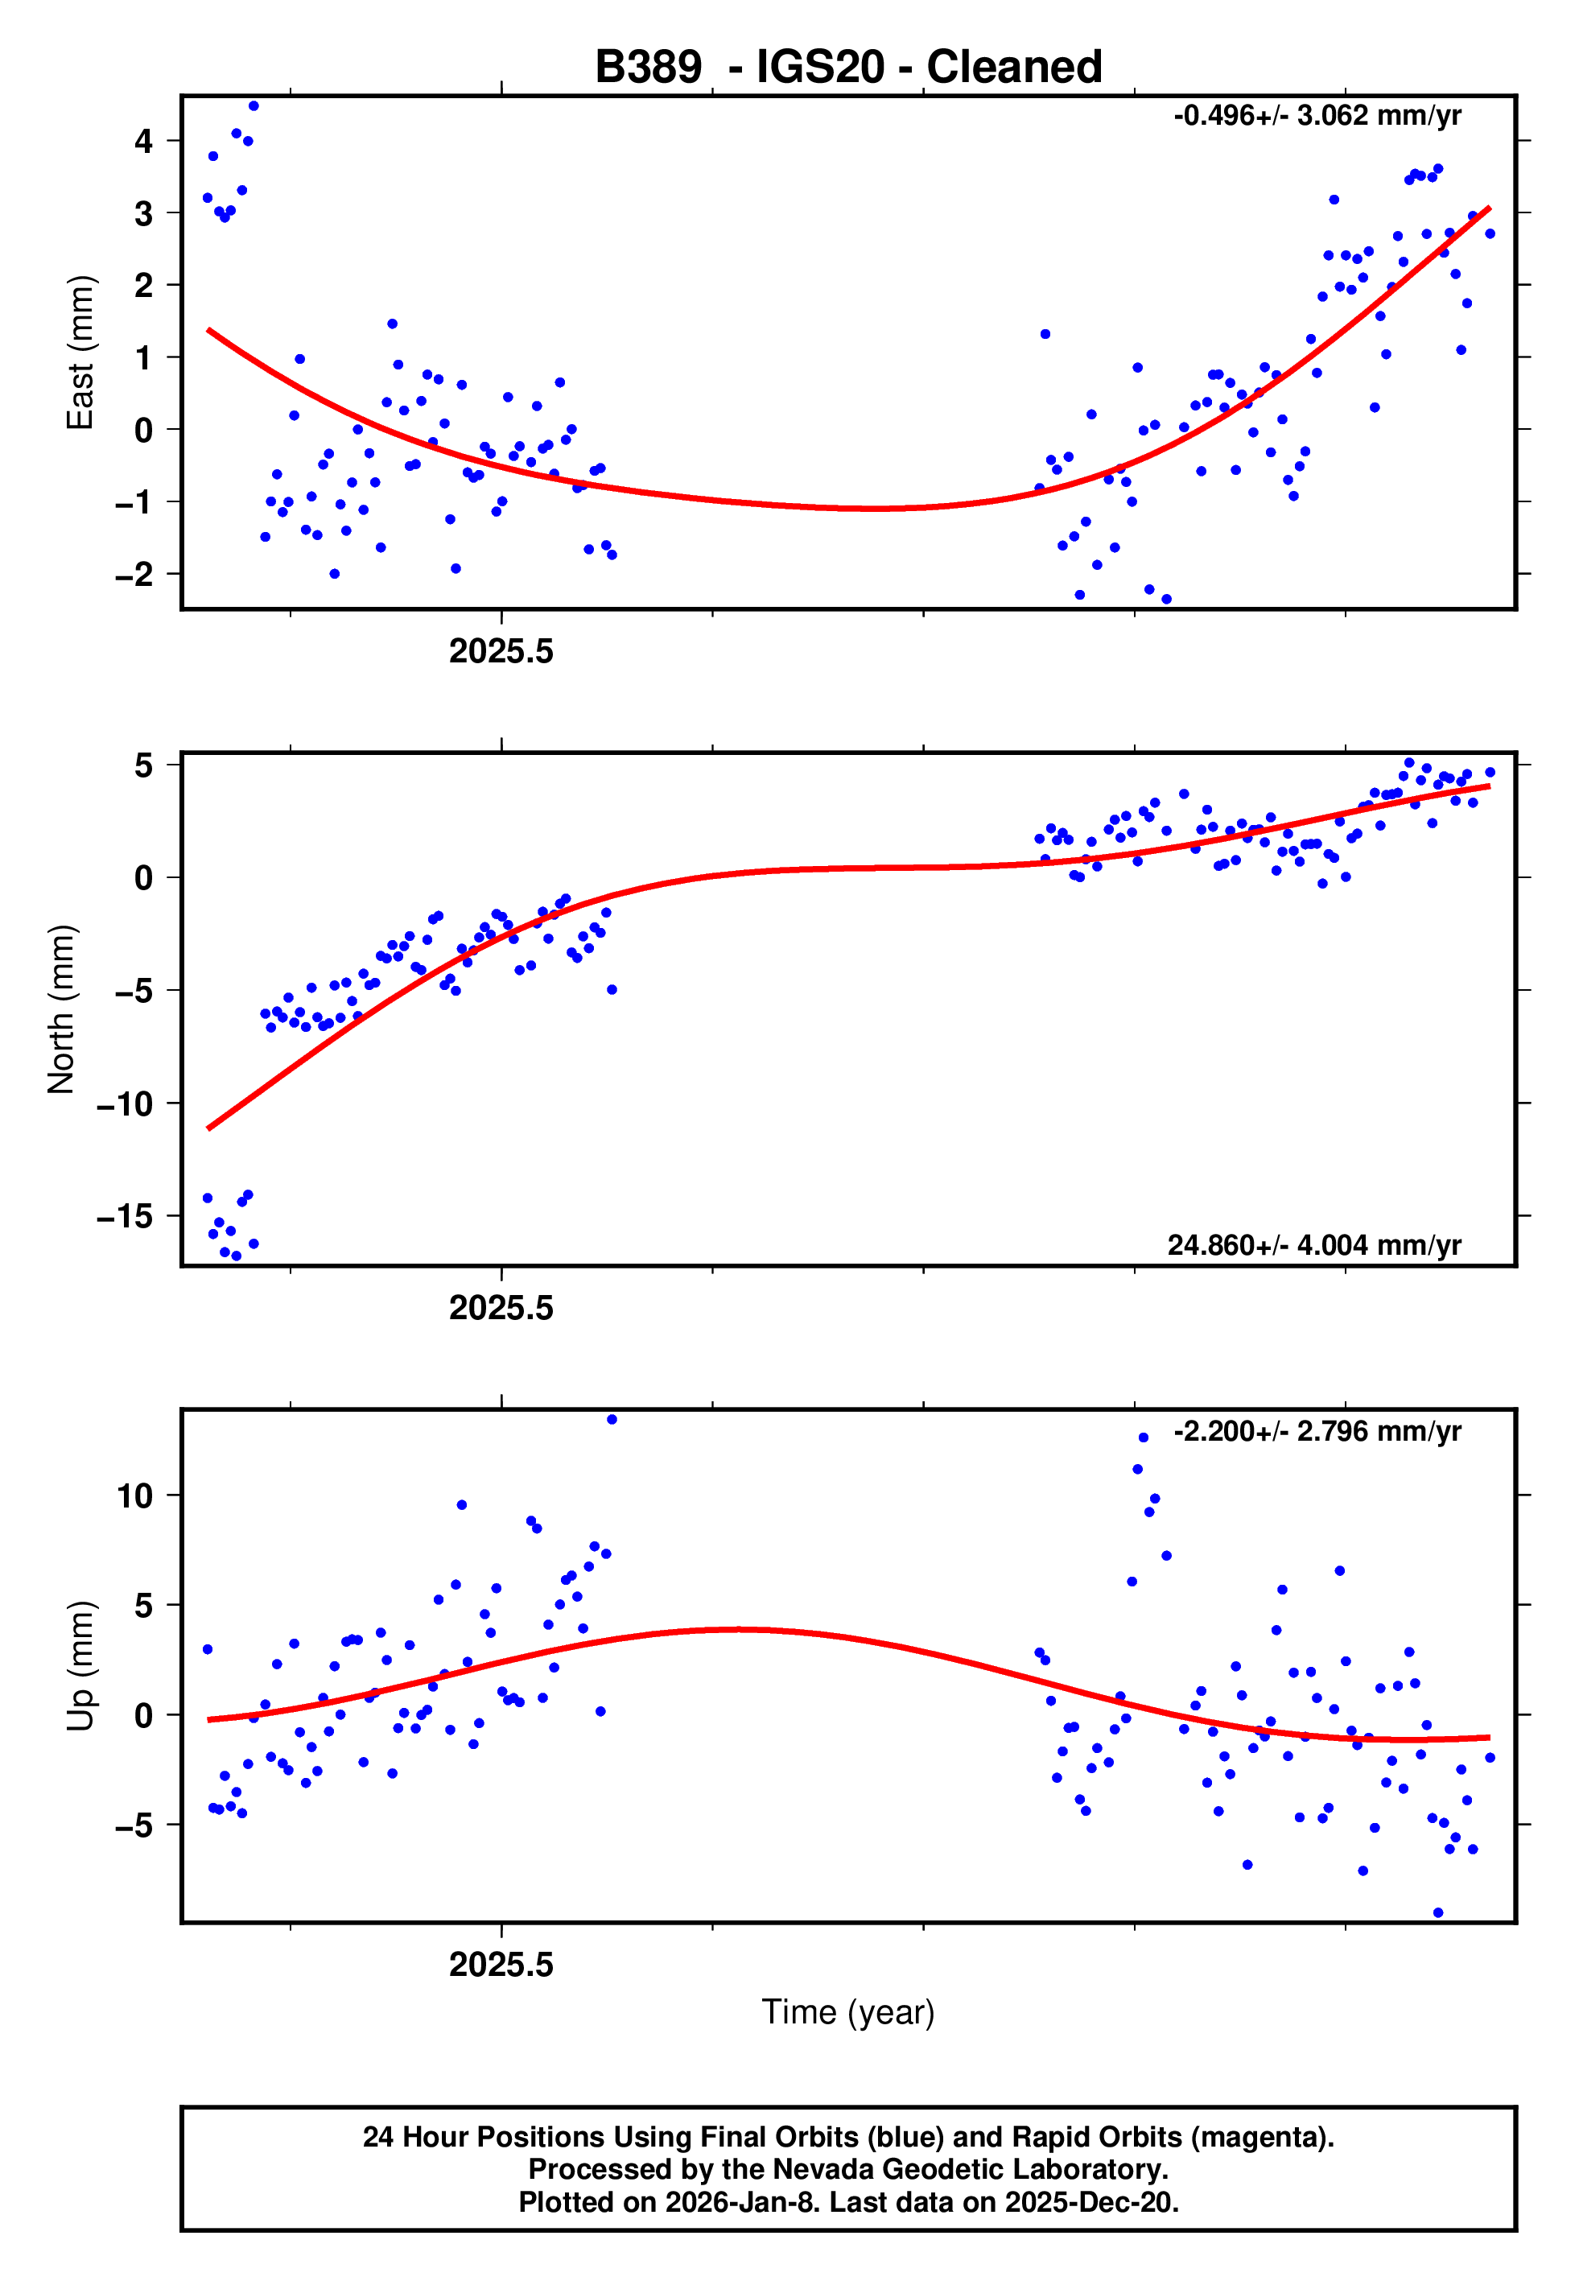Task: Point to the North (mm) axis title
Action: (x=61, y=1009)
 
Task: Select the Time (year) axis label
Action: (x=848, y=2012)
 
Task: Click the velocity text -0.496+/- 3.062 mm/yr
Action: (x=1317, y=116)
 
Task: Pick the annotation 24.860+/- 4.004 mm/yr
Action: (x=1314, y=1244)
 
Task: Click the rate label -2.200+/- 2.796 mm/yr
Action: (x=1317, y=1431)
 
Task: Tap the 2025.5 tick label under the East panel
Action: (x=501, y=651)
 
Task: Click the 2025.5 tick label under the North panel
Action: (x=501, y=1308)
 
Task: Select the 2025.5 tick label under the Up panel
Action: (x=501, y=1965)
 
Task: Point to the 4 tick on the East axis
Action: (x=144, y=141)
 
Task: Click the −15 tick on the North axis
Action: (x=126, y=1215)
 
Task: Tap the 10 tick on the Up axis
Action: (x=135, y=1495)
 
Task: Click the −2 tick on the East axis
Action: (x=134, y=574)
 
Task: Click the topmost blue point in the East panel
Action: (x=254, y=105)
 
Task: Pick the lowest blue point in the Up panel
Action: (x=1438, y=1913)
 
